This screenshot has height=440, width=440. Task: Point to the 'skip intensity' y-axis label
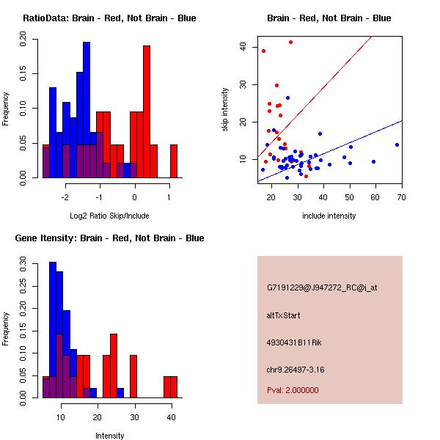[225, 110]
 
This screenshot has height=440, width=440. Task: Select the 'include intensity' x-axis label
[329, 216]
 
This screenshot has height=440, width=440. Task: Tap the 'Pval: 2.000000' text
[293, 390]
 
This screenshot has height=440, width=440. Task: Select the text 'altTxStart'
[283, 315]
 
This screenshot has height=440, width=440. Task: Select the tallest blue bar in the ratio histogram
[87, 110]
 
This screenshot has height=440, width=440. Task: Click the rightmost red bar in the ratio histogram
[174, 161]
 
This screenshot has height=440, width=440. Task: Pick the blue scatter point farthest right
[397, 144]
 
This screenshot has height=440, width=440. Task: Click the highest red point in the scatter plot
[290, 42]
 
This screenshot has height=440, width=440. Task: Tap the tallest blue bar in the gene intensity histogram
[53, 330]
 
